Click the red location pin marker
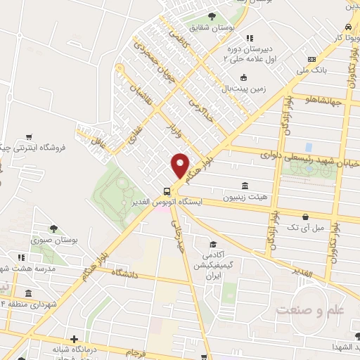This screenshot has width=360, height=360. (x=180, y=166)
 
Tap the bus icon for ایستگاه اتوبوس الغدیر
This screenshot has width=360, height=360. (x=167, y=190)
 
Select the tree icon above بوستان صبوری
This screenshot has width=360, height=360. (x=53, y=229)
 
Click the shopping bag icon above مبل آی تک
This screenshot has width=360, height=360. (x=304, y=217)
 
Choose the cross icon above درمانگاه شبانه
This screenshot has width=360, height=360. (x=74, y=339)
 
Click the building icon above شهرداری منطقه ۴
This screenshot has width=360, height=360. (x=27, y=293)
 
